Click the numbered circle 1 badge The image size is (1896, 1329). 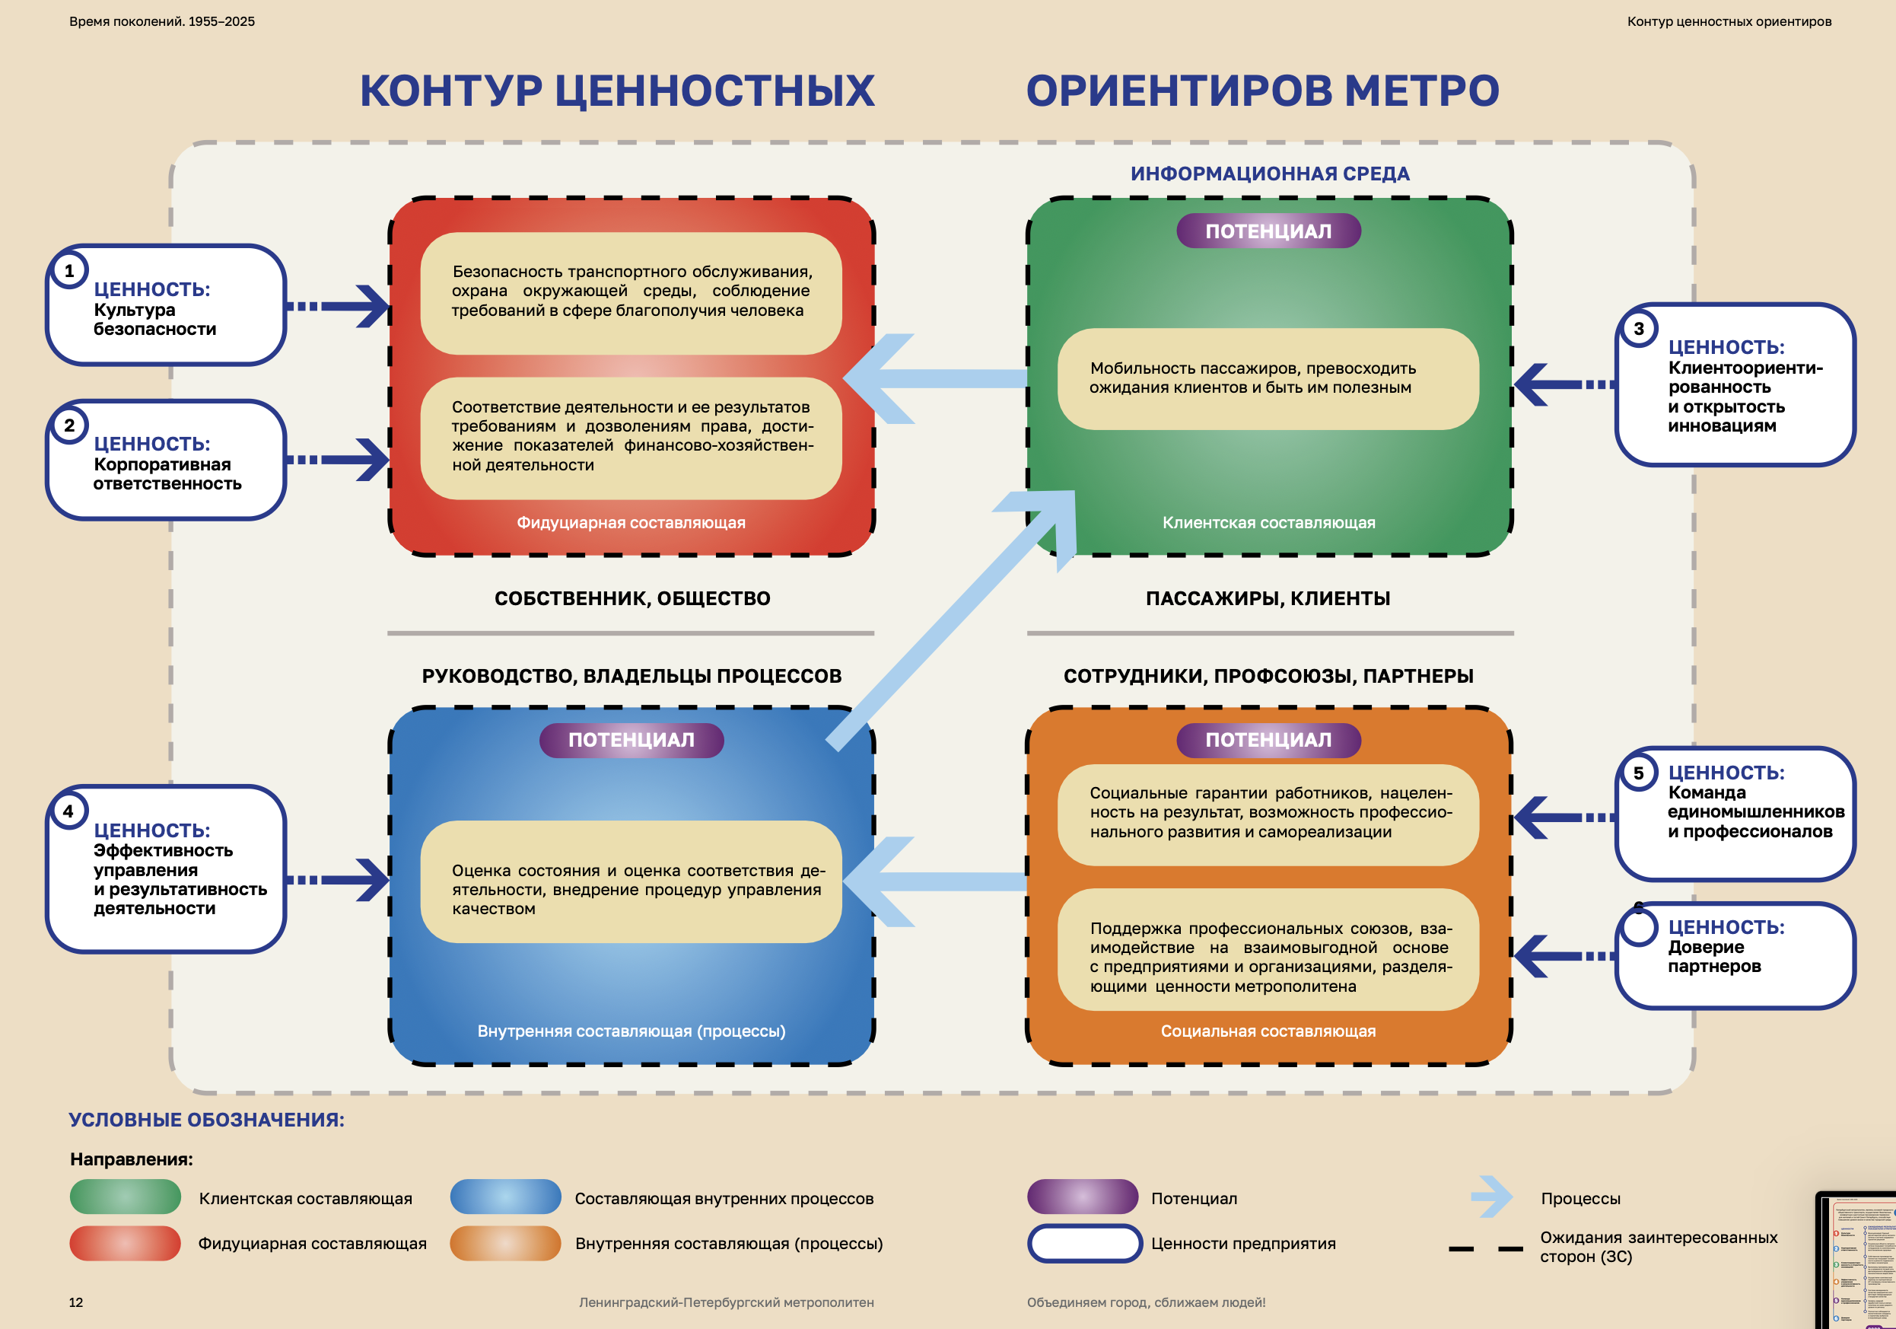pos(69,271)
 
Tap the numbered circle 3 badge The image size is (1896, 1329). pos(1638,329)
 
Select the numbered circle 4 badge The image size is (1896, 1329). pos(68,811)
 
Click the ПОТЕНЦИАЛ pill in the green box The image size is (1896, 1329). pos(1268,231)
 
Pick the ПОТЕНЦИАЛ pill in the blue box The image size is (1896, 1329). pos(631,740)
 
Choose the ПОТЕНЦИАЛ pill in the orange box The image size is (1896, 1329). pos(1268,740)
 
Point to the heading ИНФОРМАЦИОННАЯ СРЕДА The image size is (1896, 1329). pos(1269,174)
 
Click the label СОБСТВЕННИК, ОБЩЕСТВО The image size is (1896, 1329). pos(631,598)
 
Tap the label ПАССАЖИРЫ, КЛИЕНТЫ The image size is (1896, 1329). pos(1268,598)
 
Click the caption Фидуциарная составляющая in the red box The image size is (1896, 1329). pos(631,523)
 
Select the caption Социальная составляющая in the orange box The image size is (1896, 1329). pos(1268,1031)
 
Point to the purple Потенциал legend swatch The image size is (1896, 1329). pos(1082,1197)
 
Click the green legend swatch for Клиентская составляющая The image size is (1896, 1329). pos(125,1197)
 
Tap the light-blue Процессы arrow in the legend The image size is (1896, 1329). pos(1491,1197)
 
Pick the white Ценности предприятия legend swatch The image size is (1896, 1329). pos(1084,1243)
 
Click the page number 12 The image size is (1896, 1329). pos(76,1302)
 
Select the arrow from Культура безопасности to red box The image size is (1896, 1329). pos(339,307)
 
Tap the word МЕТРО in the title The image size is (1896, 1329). pos(1421,91)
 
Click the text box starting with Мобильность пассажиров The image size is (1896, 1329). pos(1268,378)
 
